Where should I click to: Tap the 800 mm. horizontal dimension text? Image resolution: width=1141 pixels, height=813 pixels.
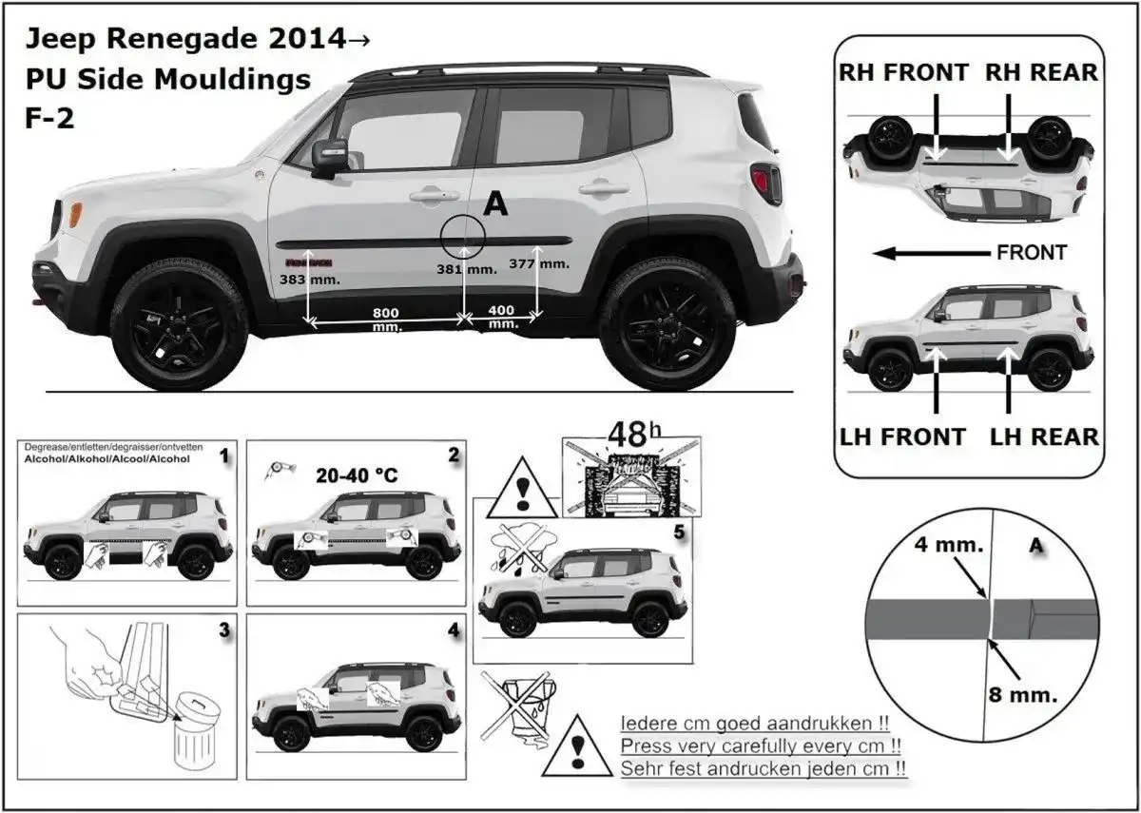(385, 319)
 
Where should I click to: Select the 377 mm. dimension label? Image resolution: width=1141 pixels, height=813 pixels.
(538, 263)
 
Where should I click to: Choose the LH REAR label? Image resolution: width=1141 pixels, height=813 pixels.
(1044, 436)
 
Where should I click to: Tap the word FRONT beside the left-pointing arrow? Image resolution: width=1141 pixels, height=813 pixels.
(1032, 253)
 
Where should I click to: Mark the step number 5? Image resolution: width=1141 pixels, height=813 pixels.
(676, 533)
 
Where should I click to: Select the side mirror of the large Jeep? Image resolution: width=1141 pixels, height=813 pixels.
(330, 155)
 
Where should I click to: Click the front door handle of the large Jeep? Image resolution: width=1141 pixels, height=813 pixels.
(434, 196)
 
